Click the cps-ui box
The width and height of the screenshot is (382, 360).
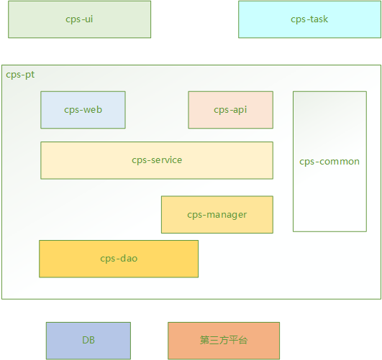[79, 19]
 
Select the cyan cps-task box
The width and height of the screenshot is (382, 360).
[309, 19]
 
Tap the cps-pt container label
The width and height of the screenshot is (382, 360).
[20, 75]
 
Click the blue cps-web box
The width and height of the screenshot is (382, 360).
[83, 110]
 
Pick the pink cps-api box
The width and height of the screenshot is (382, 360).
[230, 110]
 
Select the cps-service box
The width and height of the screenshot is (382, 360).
[157, 160]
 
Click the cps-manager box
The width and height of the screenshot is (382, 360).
[217, 215]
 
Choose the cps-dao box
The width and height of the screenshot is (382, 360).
[119, 259]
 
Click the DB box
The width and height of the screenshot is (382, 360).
[88, 341]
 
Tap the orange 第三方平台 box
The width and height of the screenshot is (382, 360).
[224, 341]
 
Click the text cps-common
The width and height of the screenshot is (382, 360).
[329, 162]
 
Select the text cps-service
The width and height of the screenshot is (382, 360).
[157, 160]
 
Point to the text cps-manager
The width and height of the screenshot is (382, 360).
[217, 215]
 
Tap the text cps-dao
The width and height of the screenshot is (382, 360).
[119, 259]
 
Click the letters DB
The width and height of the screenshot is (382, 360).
[88, 341]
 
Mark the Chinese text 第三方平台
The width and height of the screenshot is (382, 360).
[224, 341]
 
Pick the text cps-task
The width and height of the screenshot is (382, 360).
[309, 19]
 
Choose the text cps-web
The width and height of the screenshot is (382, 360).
[83, 110]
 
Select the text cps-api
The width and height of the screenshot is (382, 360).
[230, 110]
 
